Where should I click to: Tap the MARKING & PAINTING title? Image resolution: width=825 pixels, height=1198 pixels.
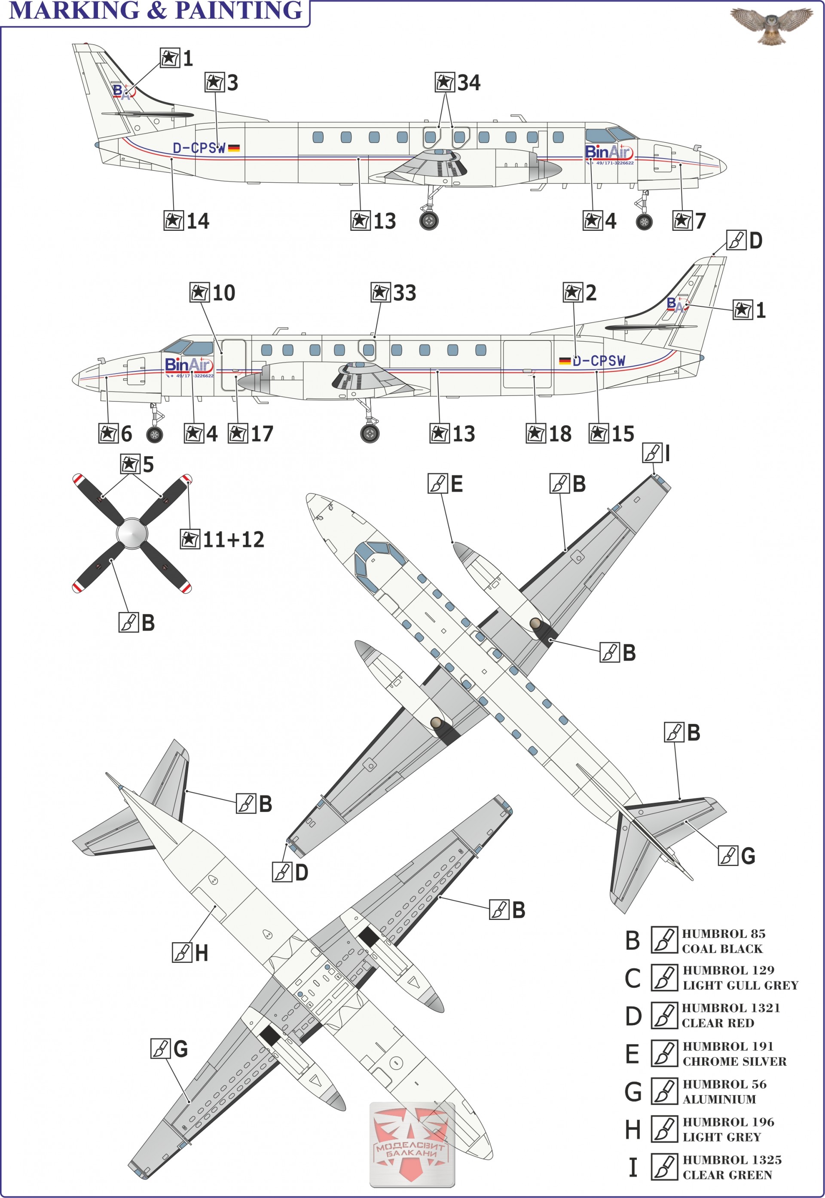(156, 10)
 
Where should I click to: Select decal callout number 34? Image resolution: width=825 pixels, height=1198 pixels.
(458, 83)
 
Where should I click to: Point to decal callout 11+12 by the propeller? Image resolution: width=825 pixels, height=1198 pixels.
(222, 540)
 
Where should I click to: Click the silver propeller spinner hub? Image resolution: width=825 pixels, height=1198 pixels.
(131, 533)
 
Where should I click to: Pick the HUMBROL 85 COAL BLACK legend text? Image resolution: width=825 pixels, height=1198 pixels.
(723, 941)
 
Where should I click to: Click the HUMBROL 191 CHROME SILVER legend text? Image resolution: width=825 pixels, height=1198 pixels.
(734, 1054)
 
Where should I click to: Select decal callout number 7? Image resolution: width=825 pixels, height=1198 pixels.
(690, 221)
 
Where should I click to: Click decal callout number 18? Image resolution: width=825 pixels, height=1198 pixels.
(549, 434)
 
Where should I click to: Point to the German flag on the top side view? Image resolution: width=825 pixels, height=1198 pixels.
(234, 148)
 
